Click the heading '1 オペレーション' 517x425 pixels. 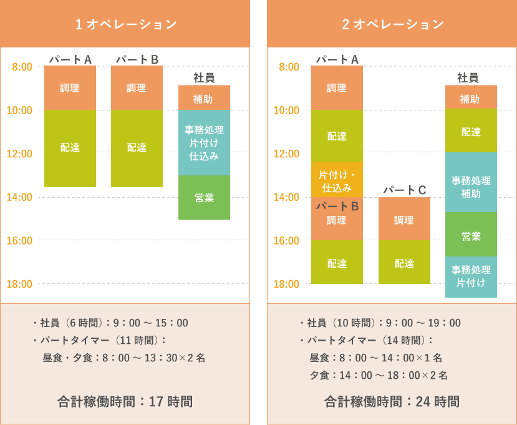[x=125, y=24]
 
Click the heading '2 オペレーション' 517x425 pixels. [x=392, y=24]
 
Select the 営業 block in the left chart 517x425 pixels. [x=204, y=197]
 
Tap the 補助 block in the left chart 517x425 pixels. [x=204, y=98]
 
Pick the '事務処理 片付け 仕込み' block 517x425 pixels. [x=204, y=143]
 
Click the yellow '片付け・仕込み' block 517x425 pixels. [x=337, y=180]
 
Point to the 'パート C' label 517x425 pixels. [x=404, y=190]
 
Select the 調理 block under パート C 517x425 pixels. [x=404, y=219]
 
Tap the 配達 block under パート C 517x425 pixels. [x=404, y=263]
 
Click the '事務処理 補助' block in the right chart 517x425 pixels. [x=471, y=187]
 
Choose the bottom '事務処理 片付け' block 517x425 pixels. [x=471, y=276]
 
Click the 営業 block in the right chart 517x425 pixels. [x=471, y=236]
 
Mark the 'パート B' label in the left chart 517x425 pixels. [x=137, y=59]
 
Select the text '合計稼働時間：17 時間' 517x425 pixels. [x=125, y=401]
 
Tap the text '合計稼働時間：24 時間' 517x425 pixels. [x=392, y=401]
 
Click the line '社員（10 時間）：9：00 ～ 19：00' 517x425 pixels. [x=380, y=323]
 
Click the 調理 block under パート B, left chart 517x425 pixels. [x=137, y=88]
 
